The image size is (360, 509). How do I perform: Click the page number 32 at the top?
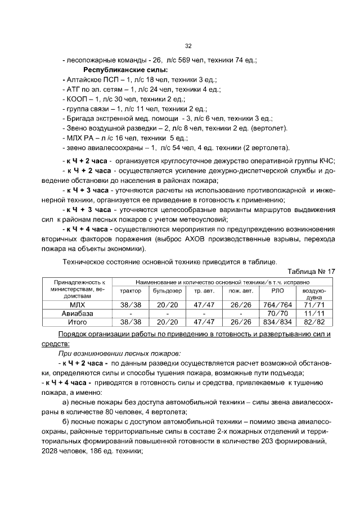tap(188, 47)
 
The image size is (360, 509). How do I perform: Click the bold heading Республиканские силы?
tap(125, 70)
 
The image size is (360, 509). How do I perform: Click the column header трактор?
tap(130, 291)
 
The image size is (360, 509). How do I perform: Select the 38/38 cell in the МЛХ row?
tap(130, 304)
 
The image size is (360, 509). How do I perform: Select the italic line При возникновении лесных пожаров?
tap(119, 353)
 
